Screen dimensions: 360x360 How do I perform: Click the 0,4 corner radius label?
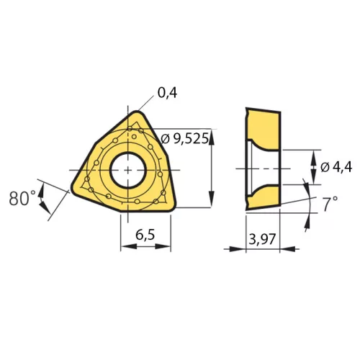pyautogui.click(x=167, y=93)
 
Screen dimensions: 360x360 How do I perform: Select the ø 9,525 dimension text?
pyautogui.click(x=184, y=139)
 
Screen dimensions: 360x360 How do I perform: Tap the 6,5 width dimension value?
pyautogui.click(x=145, y=235)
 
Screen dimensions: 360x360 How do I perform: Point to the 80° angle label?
pyautogui.click(x=22, y=198)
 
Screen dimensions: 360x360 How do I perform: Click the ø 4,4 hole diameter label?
pyautogui.click(x=336, y=166)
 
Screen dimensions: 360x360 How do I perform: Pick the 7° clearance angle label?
pyautogui.click(x=330, y=204)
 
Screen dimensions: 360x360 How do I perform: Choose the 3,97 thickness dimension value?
pyautogui.click(x=262, y=239)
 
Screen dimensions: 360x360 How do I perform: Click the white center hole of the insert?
pyautogui.click(x=128, y=170)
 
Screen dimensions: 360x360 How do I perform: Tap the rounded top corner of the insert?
pyautogui.click(x=138, y=112)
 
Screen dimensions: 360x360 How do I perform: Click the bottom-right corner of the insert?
pyautogui.click(x=173, y=208)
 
